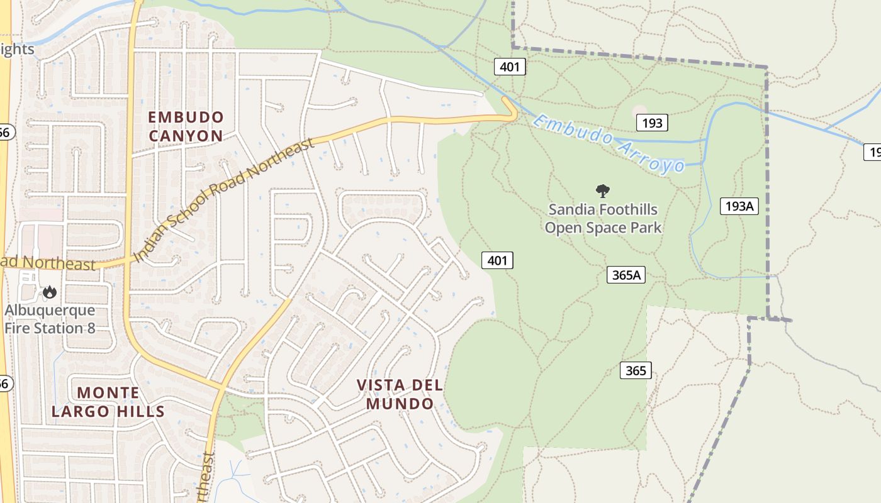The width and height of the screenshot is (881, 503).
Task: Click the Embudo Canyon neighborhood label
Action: click(x=186, y=126)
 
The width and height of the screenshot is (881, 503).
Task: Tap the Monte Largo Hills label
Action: click(x=108, y=402)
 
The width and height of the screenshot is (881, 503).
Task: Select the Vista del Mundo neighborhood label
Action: click(x=400, y=394)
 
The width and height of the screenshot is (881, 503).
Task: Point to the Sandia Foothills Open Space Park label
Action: click(x=603, y=218)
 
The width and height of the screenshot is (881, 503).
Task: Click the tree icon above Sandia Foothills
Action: click(x=603, y=190)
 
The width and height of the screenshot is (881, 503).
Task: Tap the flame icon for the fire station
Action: click(x=49, y=292)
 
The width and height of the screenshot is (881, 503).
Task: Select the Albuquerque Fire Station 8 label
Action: click(x=50, y=319)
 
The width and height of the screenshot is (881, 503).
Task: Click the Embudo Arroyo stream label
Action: click(x=609, y=143)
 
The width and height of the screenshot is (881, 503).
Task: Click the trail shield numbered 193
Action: click(x=651, y=123)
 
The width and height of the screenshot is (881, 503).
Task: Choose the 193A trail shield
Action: click(x=739, y=206)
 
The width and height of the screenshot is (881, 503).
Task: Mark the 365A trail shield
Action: click(x=626, y=274)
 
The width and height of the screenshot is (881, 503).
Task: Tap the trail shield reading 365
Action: click(x=636, y=370)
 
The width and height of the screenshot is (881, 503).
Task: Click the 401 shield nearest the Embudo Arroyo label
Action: click(x=509, y=66)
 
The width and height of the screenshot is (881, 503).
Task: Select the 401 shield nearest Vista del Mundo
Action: click(x=497, y=260)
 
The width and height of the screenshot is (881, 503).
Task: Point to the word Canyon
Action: click(x=186, y=136)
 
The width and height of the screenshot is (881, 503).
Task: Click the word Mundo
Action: click(x=400, y=404)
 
